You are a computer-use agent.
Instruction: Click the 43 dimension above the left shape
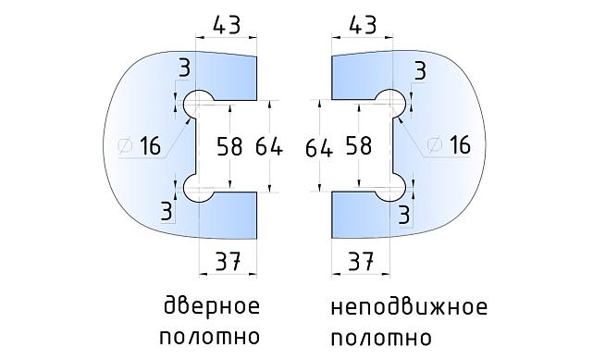pyautogui.click(x=227, y=25)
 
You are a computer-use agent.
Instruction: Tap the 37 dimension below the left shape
pyautogui.click(x=227, y=263)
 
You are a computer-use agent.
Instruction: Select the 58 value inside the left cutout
pyautogui.click(x=231, y=146)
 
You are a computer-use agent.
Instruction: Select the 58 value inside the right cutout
pyautogui.click(x=358, y=146)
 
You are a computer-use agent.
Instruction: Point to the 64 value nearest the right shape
pyautogui.click(x=319, y=146)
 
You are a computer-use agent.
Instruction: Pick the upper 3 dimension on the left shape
pyautogui.click(x=185, y=68)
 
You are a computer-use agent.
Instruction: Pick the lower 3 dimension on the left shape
pyautogui.click(x=167, y=212)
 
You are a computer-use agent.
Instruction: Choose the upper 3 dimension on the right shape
pyautogui.click(x=420, y=70)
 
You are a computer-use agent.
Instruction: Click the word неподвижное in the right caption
pyautogui.click(x=407, y=307)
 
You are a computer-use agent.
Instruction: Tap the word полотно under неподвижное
pyautogui.click(x=379, y=336)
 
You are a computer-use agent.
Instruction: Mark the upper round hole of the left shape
pyautogui.click(x=199, y=103)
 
